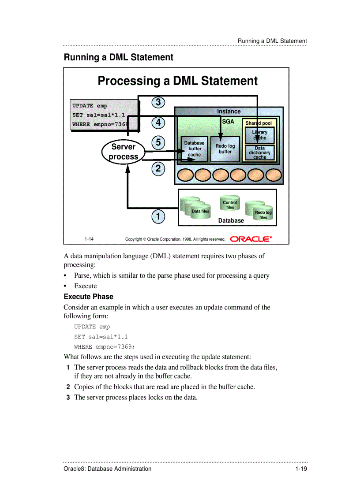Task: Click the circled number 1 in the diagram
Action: (x=157, y=216)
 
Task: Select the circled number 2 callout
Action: (x=158, y=168)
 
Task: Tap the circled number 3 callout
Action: (x=158, y=102)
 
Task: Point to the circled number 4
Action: (x=158, y=122)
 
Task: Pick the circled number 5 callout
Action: (x=158, y=142)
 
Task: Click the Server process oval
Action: (x=124, y=152)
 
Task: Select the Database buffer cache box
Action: (x=194, y=149)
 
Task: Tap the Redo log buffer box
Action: (x=225, y=149)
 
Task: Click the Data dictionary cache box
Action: (x=259, y=153)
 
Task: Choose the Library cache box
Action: (x=259, y=135)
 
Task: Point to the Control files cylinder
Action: (x=230, y=205)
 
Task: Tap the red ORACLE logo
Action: (x=251, y=239)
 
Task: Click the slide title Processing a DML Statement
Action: (x=177, y=81)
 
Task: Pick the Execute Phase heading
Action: (x=88, y=297)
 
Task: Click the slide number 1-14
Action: (x=89, y=239)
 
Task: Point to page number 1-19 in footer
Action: (x=301, y=469)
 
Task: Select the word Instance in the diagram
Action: (x=229, y=112)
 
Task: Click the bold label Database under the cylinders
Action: (x=231, y=220)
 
